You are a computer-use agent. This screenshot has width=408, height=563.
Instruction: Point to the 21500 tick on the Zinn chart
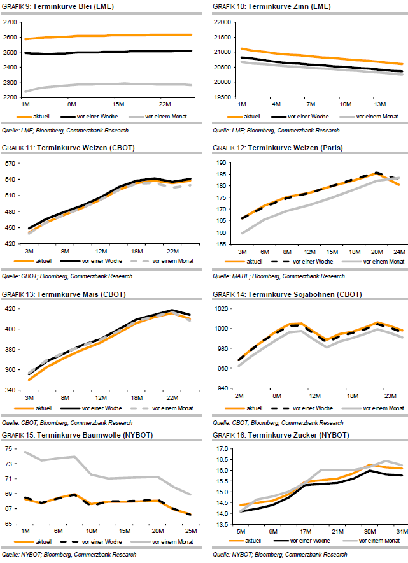click(222, 36)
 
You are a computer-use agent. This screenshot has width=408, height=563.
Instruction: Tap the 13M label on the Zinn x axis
click(379, 103)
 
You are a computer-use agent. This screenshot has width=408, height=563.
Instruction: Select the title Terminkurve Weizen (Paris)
click(286, 148)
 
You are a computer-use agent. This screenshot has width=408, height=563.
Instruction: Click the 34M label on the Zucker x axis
click(398, 532)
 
